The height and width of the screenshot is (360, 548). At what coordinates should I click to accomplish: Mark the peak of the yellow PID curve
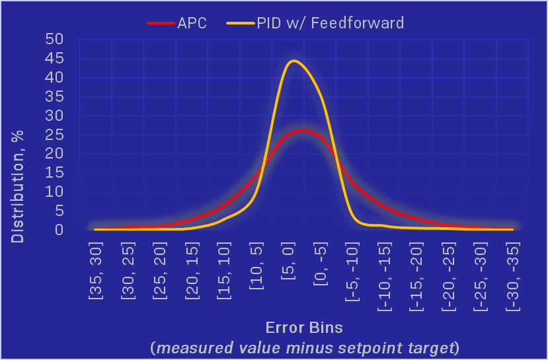[x=293, y=61]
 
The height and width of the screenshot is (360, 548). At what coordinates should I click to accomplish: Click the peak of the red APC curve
[x=302, y=130]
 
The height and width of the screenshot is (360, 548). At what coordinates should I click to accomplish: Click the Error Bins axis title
[x=304, y=328]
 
